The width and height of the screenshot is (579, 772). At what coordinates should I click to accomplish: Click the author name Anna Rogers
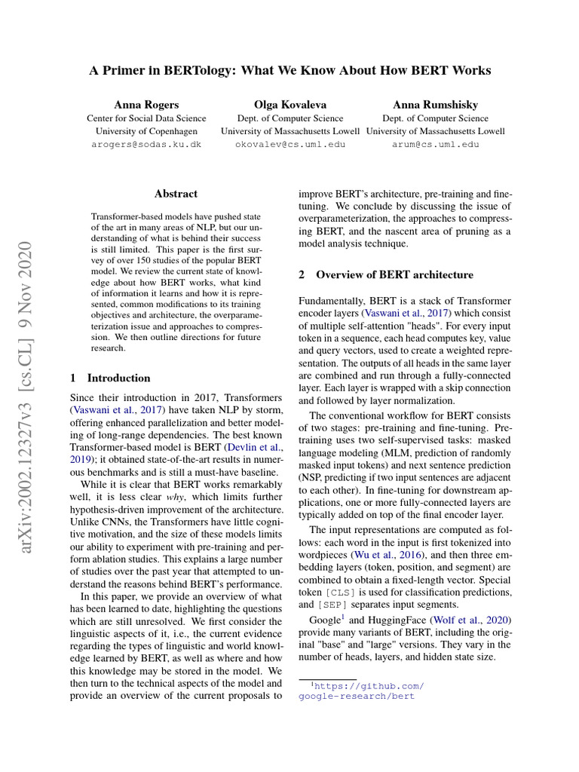click(x=146, y=104)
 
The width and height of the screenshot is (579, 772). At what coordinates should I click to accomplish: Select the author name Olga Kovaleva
click(x=290, y=104)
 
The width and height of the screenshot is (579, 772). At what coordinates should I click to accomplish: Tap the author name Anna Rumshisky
click(x=435, y=104)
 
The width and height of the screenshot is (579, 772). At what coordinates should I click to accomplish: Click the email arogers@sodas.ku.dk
click(x=146, y=144)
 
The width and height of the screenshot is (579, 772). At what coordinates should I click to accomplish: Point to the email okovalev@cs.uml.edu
click(x=290, y=144)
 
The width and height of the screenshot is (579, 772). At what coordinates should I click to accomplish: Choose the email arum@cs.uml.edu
click(x=435, y=144)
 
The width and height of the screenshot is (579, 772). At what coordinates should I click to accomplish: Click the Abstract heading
click(x=176, y=194)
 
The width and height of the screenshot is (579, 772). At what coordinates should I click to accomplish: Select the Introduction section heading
click(x=118, y=378)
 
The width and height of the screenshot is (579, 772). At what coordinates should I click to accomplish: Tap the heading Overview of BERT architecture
click(x=394, y=274)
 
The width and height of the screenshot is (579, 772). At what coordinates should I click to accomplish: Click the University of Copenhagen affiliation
click(x=146, y=131)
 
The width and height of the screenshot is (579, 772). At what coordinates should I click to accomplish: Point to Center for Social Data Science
click(x=146, y=118)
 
